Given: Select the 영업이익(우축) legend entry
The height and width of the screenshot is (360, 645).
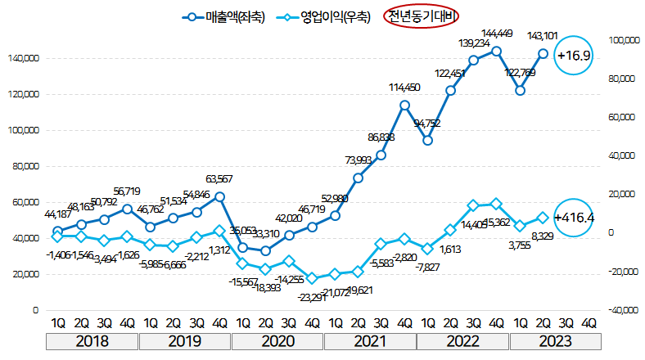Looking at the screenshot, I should point(324,16).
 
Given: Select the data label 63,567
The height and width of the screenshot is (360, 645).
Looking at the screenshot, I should point(219,179).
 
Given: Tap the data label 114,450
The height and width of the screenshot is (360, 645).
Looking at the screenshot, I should point(404,88).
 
